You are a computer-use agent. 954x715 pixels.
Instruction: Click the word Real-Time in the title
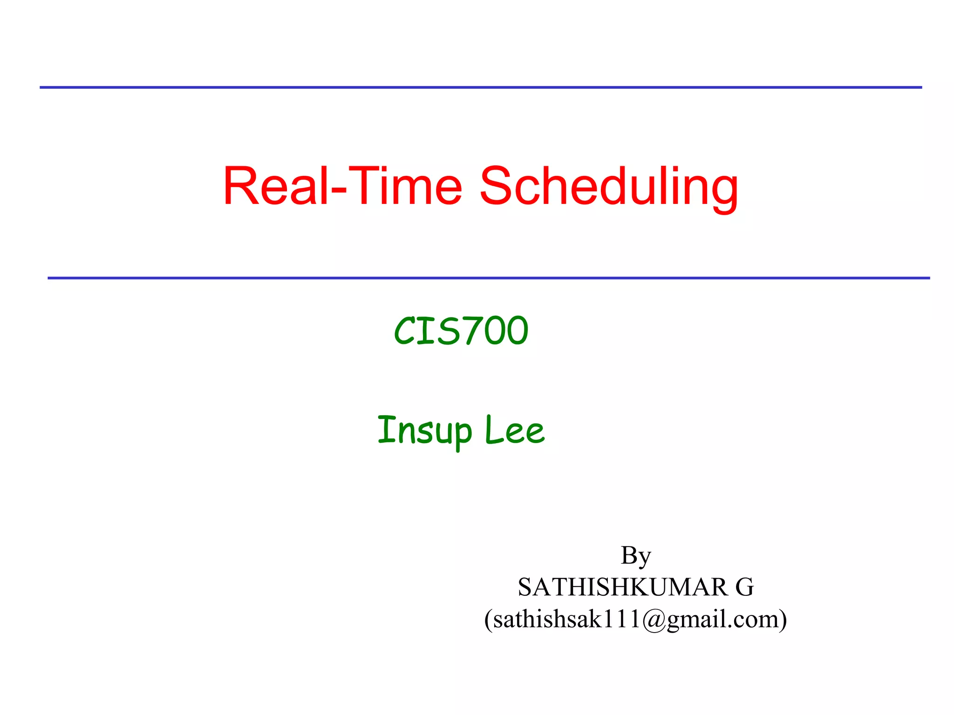point(342,186)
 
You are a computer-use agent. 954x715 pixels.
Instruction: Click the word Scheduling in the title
point(609,186)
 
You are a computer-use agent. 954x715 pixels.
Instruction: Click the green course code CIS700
point(461,331)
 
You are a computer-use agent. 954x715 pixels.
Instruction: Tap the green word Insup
point(424,430)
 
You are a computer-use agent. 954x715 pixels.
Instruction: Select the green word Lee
point(514,430)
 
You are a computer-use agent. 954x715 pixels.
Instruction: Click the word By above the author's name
point(635,556)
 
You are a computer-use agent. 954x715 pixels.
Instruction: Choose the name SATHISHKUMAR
point(622,587)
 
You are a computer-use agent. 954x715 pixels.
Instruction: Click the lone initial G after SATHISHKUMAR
point(744,587)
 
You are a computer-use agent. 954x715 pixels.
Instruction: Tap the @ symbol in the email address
point(654,620)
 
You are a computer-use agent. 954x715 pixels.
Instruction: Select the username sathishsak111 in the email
point(566,620)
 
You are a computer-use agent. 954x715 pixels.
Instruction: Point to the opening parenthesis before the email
point(488,620)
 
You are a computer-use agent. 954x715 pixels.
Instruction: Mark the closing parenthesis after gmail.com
point(783,620)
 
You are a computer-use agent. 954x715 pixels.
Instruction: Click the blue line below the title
point(488,278)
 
